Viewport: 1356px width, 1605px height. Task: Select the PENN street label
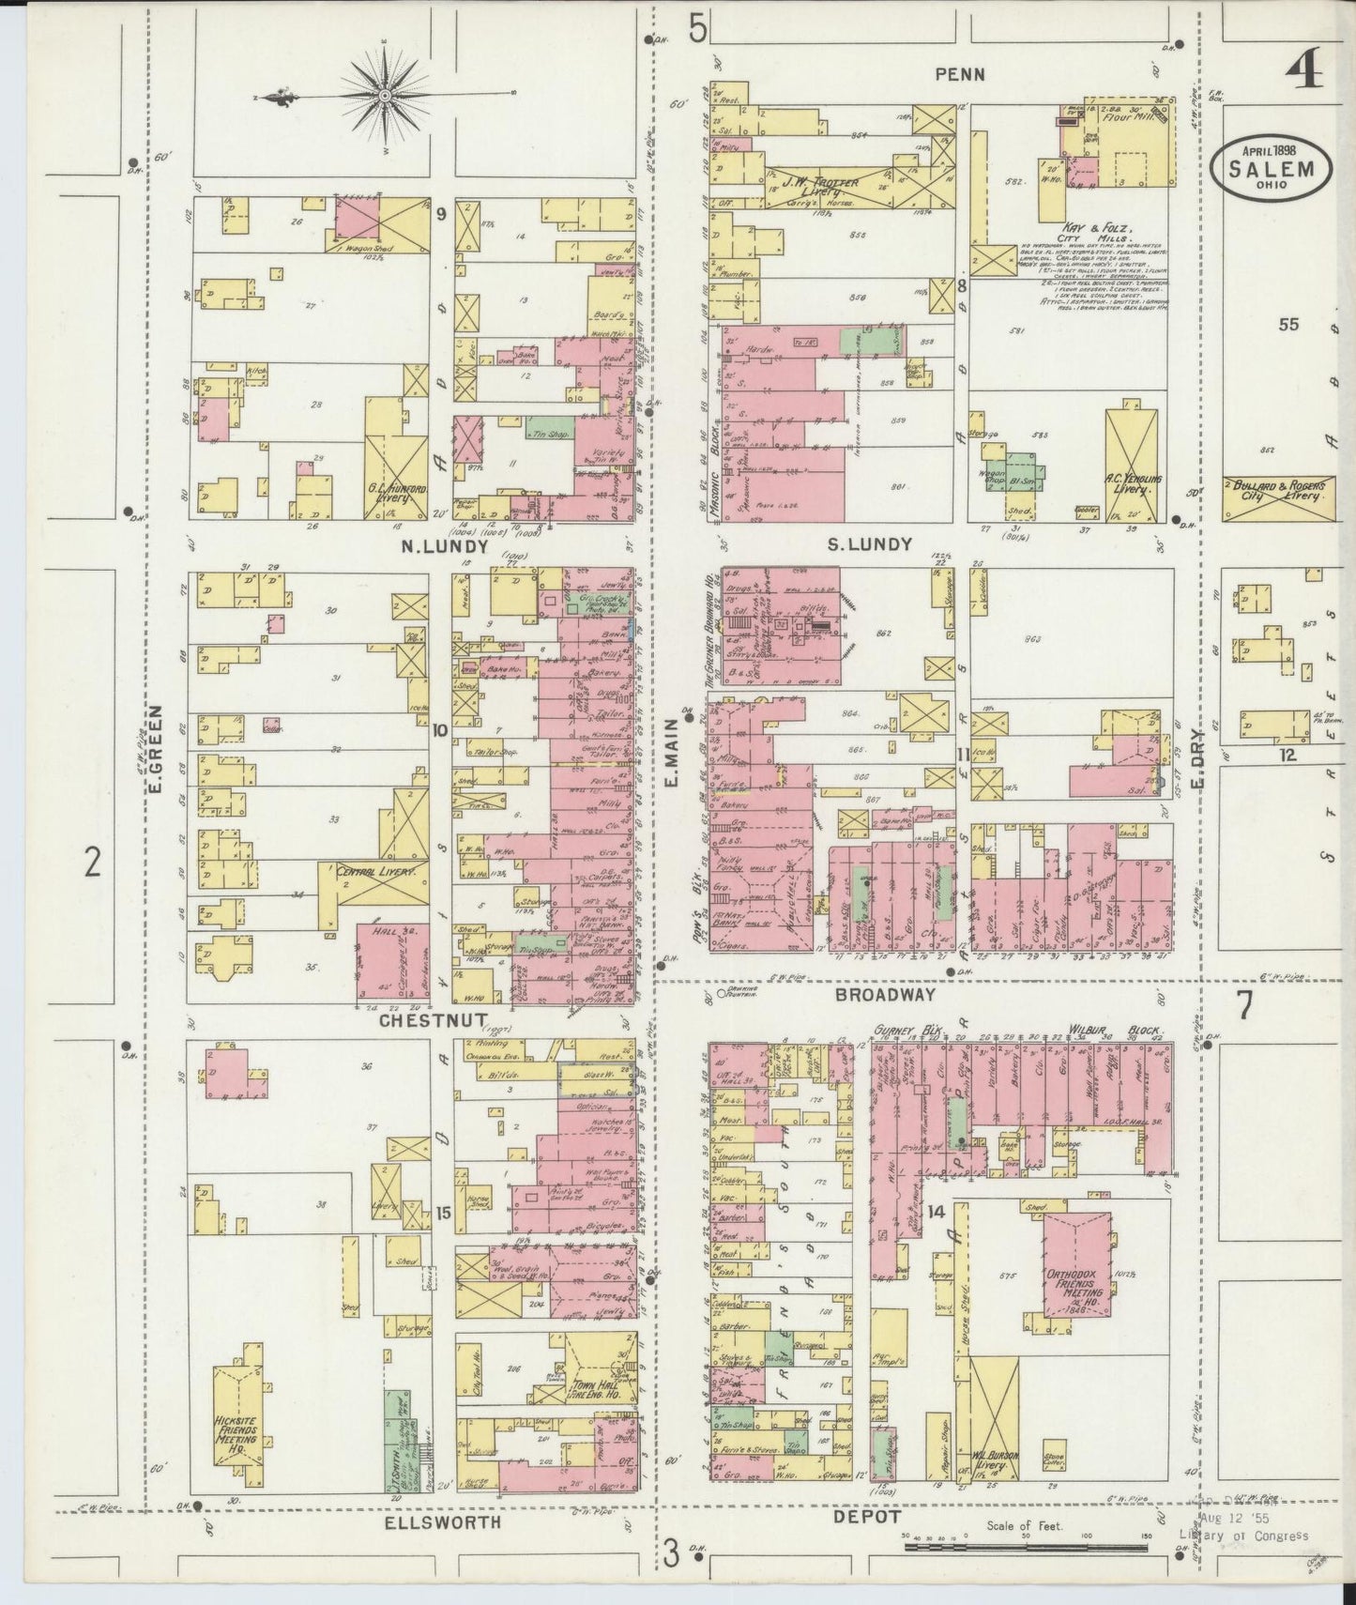959,73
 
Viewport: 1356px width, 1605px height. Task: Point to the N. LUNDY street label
432,545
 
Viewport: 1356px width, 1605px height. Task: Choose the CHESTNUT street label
433,1019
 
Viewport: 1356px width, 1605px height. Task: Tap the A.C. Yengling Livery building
1135,465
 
